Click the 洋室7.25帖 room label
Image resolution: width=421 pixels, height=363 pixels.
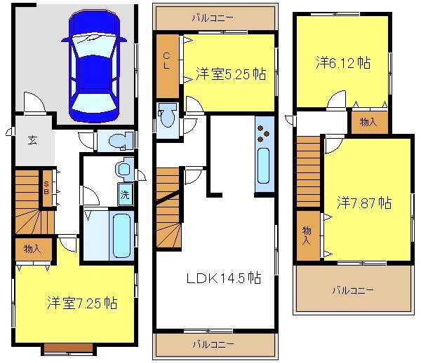click(x=82, y=303)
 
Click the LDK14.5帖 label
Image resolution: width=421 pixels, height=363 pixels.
click(x=223, y=278)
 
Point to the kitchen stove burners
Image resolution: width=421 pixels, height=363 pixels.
click(x=265, y=130)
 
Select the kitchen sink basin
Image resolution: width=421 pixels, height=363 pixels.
click(x=264, y=165)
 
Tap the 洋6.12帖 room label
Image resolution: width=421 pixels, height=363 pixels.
click(x=342, y=63)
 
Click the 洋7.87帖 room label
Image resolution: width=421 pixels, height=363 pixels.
click(x=363, y=203)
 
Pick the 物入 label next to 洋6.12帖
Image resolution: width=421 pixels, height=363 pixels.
click(x=368, y=122)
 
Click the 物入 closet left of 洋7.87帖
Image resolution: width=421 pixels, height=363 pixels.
click(x=307, y=234)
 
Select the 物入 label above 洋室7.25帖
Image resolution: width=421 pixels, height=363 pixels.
click(x=32, y=248)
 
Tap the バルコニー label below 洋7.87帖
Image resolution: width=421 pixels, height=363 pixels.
click(x=353, y=289)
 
